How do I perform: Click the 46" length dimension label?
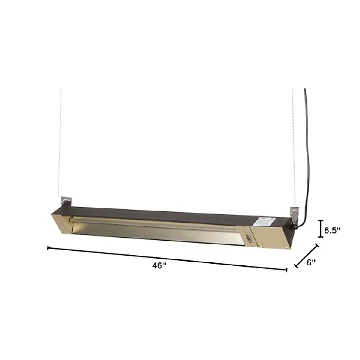159,265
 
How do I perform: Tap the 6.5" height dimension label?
332,230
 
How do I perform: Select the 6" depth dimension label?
311,262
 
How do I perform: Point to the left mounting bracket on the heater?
66,200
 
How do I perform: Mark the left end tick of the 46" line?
48,248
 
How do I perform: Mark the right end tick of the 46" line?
287,270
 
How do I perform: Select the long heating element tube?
156,224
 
